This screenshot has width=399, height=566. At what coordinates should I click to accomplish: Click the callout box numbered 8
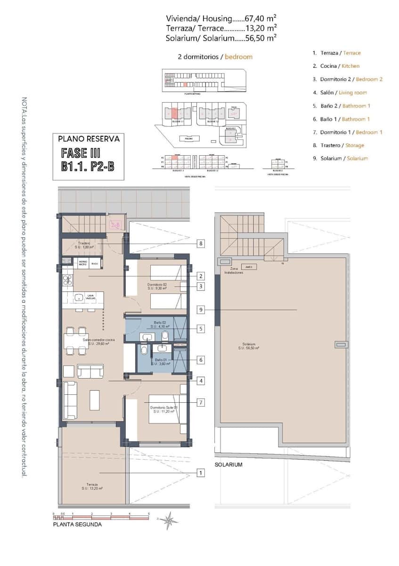[201, 244]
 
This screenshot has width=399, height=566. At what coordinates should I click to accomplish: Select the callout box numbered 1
[201, 473]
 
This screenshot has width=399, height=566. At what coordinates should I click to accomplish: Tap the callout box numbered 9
[201, 310]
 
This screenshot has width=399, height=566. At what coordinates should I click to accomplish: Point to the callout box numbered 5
[201, 328]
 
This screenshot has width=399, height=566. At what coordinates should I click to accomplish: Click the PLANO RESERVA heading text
[89, 139]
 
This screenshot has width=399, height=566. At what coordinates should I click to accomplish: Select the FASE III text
[81, 153]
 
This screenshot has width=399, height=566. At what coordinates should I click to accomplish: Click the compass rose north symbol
[168, 520]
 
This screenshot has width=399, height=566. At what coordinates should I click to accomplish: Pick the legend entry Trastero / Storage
[338, 146]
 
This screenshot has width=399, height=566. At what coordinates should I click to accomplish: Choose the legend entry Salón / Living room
[340, 93]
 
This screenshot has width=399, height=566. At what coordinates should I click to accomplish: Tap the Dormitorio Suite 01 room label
[164, 409]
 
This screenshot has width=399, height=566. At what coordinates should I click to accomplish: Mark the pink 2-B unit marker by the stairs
[115, 225]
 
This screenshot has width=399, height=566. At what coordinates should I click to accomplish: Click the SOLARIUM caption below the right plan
[228, 465]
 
